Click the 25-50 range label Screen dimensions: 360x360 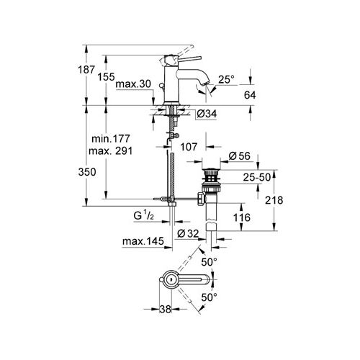[256, 176]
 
